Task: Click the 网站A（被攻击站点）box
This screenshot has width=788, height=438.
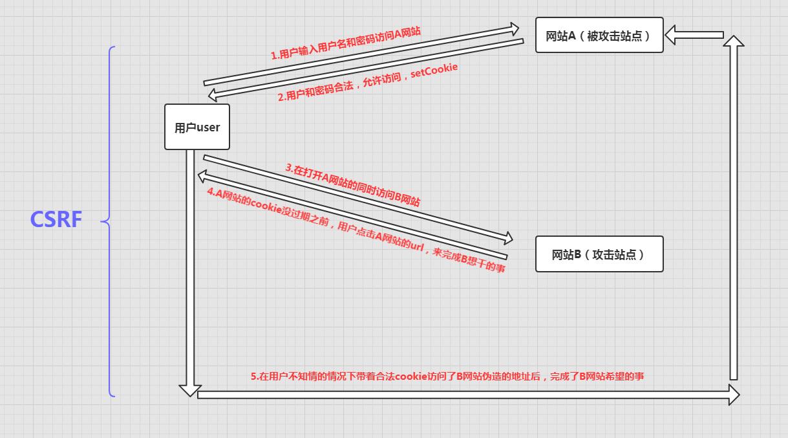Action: click(x=599, y=35)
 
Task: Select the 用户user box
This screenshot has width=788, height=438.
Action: click(x=197, y=127)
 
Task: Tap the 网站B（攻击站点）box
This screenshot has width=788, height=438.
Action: click(x=599, y=254)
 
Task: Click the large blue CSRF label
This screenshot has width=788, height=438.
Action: click(x=56, y=220)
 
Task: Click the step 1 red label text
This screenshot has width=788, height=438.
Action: click(x=345, y=43)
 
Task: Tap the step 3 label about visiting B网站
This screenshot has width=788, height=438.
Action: click(x=353, y=185)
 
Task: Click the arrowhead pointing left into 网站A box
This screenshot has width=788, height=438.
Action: click(x=672, y=35)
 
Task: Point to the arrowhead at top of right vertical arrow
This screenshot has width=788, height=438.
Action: click(x=733, y=41)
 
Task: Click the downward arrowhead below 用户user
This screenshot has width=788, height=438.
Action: click(x=190, y=389)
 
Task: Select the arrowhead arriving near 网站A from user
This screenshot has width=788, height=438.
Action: click(x=513, y=29)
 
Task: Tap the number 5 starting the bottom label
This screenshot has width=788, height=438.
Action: click(x=253, y=376)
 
